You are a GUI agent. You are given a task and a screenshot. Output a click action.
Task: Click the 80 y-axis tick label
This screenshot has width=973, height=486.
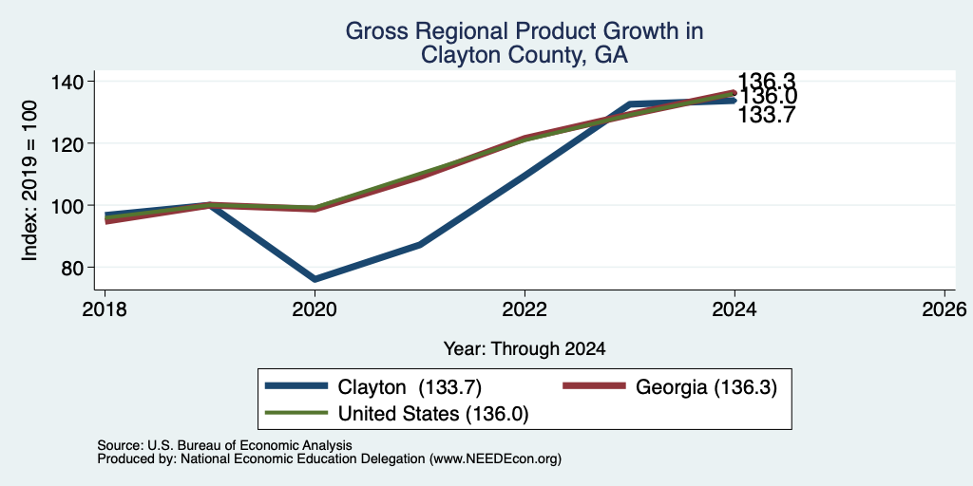click(x=74, y=267)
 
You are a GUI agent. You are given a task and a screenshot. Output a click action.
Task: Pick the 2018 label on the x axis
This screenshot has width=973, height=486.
click(x=105, y=308)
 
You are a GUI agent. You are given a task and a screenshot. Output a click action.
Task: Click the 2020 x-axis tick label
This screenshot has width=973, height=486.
click(x=315, y=308)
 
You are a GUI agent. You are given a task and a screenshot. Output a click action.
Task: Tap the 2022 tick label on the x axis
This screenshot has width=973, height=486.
click(x=525, y=308)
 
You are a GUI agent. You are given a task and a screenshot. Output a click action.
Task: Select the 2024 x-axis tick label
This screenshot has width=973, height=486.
click(x=735, y=308)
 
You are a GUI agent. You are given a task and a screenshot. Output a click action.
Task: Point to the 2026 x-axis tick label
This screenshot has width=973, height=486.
click(x=944, y=308)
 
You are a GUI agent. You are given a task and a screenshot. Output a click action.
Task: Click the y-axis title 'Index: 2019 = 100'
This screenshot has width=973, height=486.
click(x=29, y=180)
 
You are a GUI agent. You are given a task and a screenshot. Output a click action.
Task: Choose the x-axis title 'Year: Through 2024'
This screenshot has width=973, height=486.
click(x=525, y=349)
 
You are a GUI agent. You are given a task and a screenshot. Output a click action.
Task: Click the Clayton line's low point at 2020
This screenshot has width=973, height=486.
click(x=315, y=279)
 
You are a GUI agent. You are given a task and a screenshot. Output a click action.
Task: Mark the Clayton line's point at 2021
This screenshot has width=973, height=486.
click(x=420, y=245)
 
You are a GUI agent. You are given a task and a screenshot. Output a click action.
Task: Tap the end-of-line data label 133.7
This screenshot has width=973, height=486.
click(x=767, y=115)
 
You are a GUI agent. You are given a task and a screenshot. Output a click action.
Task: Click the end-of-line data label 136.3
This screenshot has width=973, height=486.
click(x=767, y=81)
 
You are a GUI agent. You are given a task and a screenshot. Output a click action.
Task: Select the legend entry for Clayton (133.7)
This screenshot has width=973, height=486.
click(x=373, y=386)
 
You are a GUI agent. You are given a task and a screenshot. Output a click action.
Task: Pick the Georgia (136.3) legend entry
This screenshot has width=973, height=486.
click(x=670, y=386)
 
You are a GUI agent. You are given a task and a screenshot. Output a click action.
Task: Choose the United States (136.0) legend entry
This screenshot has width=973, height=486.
click(x=397, y=413)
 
